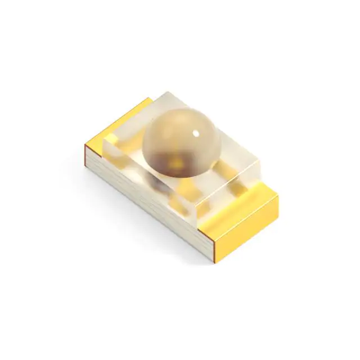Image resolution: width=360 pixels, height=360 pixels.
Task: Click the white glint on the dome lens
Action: click(196, 133)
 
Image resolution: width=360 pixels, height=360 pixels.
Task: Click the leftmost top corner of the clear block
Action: click(103, 141)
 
